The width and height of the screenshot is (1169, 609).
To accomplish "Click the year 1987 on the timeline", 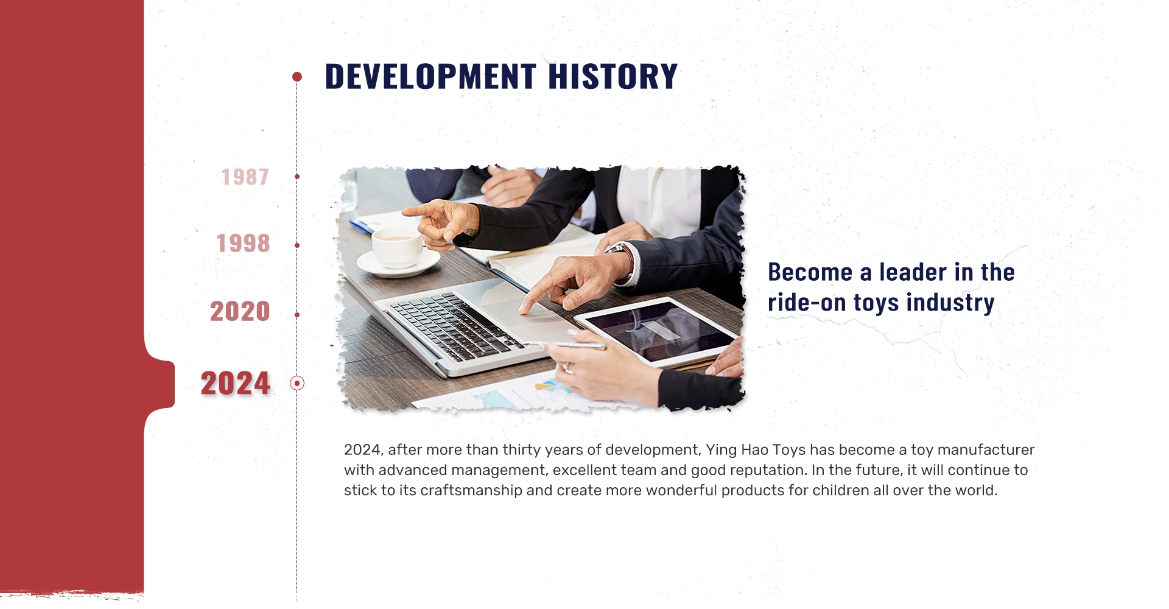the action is click(245, 177).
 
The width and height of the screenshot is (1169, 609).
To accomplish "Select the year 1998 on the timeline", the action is click(243, 244).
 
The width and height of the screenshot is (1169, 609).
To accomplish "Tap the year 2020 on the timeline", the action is click(240, 312).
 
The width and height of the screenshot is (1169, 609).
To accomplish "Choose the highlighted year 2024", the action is click(236, 384).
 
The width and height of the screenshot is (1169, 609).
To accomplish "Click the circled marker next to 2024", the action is click(297, 383).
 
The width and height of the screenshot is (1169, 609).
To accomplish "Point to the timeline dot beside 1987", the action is click(297, 177).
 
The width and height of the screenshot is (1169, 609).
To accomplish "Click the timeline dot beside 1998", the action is click(297, 245).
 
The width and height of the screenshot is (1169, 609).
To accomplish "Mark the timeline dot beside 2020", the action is click(297, 315).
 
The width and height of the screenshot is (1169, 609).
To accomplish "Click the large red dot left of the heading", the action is click(297, 77).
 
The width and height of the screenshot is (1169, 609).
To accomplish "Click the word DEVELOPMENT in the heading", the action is click(430, 77).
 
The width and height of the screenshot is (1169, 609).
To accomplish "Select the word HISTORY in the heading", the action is click(613, 77).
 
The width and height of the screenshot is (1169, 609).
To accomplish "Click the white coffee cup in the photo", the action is click(397, 247).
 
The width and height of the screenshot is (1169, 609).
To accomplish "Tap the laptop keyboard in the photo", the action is click(454, 326).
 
